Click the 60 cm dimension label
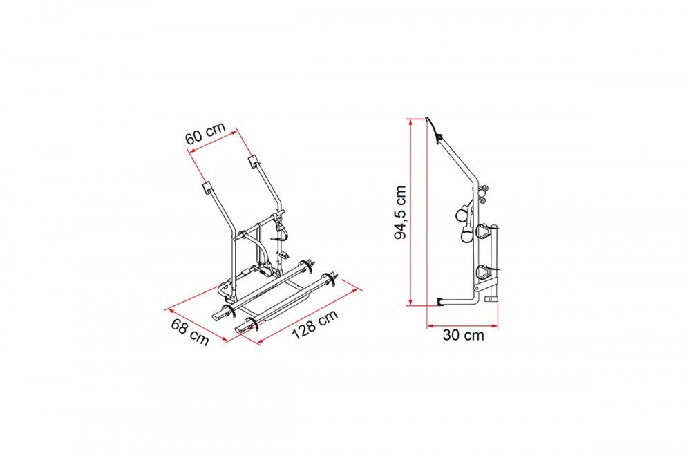(205, 133)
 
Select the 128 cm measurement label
(314, 325)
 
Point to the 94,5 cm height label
(400, 212)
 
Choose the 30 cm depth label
(463, 335)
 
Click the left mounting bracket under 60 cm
(207, 188)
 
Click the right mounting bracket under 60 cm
(254, 160)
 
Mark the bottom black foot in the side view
(441, 302)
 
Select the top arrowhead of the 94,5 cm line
(410, 122)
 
